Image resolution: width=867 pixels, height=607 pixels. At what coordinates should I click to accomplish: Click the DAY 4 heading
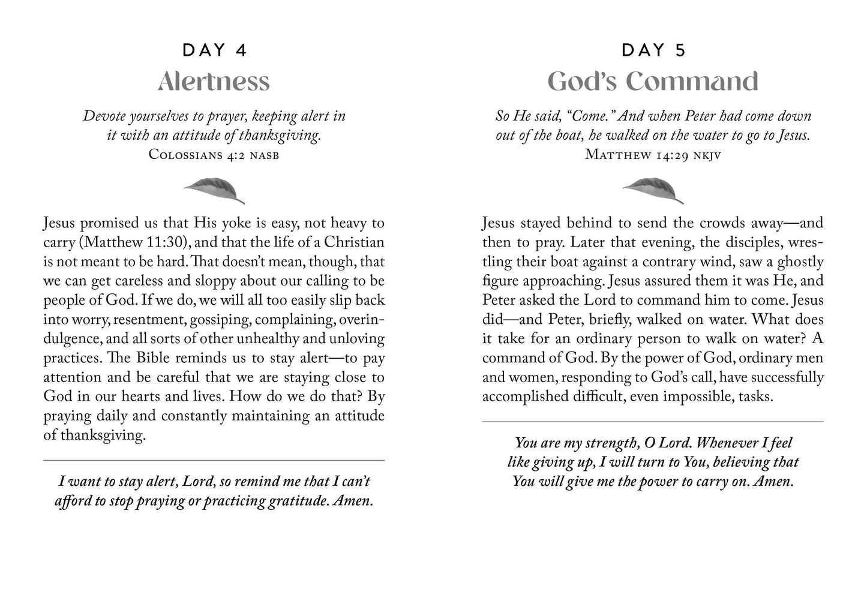point(214,50)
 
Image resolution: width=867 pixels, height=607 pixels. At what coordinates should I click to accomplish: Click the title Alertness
point(214,82)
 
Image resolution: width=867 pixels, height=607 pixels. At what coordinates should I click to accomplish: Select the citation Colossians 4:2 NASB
point(214,155)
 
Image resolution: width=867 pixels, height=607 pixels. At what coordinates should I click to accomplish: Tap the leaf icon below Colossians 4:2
point(214,190)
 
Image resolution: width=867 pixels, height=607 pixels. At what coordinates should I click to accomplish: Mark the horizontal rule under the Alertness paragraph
point(214,460)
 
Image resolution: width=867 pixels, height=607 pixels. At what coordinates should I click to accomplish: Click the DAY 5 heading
point(653,50)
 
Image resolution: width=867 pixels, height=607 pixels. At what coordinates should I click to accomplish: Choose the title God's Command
point(653,82)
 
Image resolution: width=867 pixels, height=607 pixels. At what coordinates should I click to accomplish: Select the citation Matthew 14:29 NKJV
point(653,155)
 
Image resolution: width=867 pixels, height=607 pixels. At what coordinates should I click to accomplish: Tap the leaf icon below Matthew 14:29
point(653,190)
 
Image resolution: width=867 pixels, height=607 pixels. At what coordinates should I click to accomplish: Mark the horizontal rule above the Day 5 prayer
point(653,422)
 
